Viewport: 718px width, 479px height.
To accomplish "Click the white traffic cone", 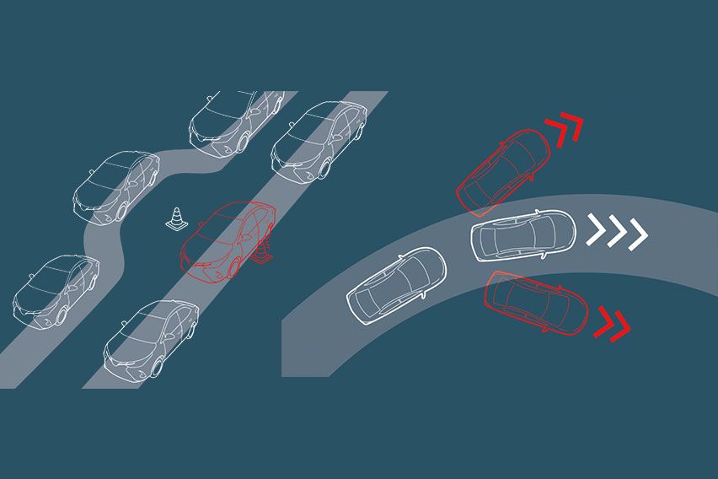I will tap(176, 219).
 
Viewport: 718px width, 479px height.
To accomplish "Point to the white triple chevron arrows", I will tap(618, 231).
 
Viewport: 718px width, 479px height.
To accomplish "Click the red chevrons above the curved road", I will tap(564, 126).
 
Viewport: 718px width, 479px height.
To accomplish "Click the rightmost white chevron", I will tap(638, 231).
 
